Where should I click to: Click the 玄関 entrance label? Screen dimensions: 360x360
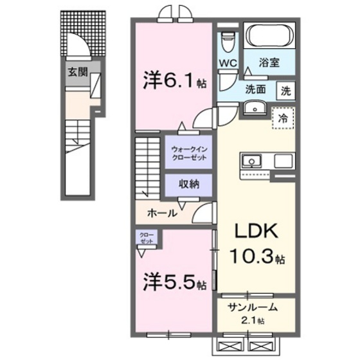click(x=76, y=71)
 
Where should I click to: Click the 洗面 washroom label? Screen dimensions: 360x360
click(x=255, y=90)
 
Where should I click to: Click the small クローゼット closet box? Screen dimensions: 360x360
click(x=147, y=238)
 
